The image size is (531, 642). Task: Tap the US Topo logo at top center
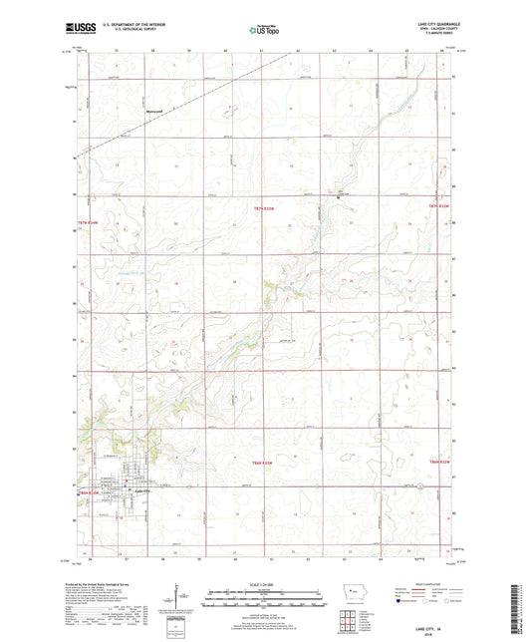[x=264, y=31]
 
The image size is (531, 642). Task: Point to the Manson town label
[x=154, y=111]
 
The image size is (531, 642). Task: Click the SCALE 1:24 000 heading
[x=264, y=582]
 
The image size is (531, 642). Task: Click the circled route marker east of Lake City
[x=421, y=485]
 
